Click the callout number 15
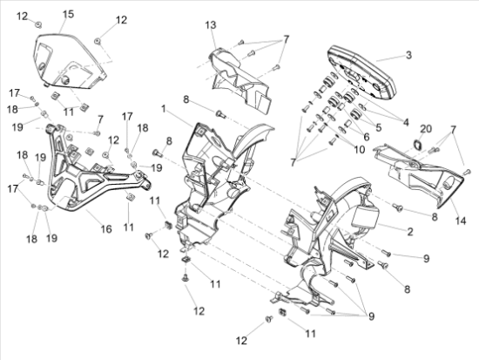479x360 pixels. [x=68, y=14]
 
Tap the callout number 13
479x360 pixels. [x=211, y=25]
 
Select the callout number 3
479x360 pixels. [x=408, y=55]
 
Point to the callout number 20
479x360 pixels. [x=426, y=129]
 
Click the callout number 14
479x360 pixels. [x=461, y=221]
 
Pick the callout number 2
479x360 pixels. [x=410, y=232]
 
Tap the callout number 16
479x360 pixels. [x=106, y=228]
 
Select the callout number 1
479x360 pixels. [x=164, y=109]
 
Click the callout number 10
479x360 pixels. [x=359, y=150]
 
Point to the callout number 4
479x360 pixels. [x=406, y=122]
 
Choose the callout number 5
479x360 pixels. [x=379, y=127]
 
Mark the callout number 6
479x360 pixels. [x=367, y=137]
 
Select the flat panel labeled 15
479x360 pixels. [x=70, y=61]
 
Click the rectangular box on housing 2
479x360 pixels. [x=366, y=216]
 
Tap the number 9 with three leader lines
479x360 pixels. [x=371, y=316]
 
